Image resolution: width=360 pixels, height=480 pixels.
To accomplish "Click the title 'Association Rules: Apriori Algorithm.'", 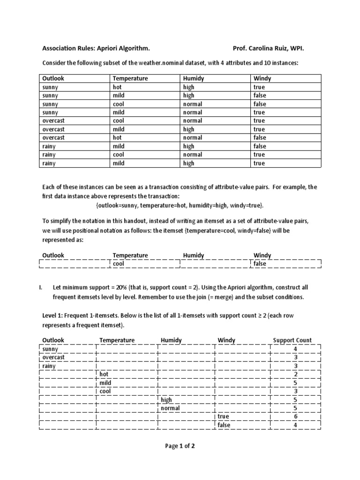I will (96, 48).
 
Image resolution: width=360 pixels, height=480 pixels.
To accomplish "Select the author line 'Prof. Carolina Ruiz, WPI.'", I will (271, 48).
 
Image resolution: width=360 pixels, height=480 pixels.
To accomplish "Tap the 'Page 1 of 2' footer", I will (180, 446).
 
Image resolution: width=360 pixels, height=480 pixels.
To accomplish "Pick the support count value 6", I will (295, 416).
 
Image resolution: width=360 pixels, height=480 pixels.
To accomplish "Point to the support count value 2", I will (295, 374).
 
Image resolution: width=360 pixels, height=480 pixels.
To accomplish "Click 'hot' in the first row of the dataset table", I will (117, 87).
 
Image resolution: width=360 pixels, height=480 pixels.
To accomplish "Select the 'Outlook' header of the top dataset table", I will (53, 79).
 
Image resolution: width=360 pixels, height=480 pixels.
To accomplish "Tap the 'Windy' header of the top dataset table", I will (262, 79).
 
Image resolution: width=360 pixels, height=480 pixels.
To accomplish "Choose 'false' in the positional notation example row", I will (260, 264).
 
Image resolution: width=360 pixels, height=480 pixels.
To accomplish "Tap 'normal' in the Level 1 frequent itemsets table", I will (170, 408).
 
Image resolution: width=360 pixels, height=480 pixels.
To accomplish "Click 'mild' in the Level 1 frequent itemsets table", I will (105, 382).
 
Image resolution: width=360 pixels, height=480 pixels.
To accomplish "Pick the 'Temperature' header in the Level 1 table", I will (117, 340).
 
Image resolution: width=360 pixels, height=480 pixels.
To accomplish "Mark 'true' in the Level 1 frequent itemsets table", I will (223, 416).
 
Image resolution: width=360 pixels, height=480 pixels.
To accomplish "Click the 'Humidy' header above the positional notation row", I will (194, 255).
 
